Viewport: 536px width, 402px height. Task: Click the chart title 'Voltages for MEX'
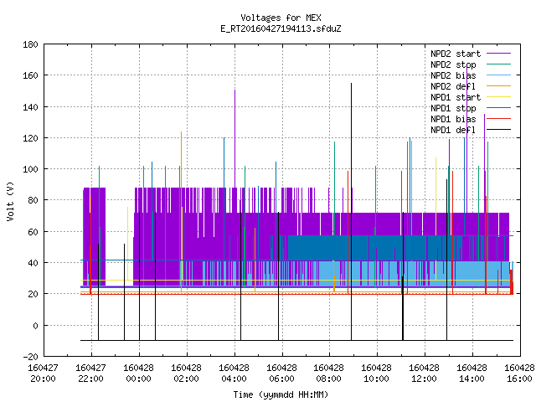coord(281,18)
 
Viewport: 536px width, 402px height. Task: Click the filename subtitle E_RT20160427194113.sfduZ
coord(281,28)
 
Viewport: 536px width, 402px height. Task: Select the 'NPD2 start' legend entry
coord(471,54)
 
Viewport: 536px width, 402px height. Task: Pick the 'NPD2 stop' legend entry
coord(471,64)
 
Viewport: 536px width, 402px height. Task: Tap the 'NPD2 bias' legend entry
coord(471,75)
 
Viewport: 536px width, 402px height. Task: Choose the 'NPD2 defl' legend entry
coord(471,86)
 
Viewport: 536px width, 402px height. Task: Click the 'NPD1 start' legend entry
coord(471,97)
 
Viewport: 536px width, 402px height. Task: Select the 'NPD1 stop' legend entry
coord(471,108)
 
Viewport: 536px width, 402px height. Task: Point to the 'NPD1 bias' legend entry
coord(471,119)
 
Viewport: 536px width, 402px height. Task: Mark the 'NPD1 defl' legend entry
coord(471,131)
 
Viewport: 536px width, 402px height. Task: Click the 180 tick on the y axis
coord(30,44)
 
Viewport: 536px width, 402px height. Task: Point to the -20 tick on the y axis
coord(30,357)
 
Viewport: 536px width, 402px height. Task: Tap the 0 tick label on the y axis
coord(35,326)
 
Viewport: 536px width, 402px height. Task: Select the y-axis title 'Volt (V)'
coord(10,201)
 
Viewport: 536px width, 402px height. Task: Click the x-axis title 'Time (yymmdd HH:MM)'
coord(281,394)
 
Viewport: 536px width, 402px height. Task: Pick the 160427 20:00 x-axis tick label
coord(43,374)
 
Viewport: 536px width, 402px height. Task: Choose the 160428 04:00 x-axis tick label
coord(234,374)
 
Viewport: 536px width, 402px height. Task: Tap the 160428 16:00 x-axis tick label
coord(519,374)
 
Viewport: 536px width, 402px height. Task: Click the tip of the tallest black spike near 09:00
coord(351,83)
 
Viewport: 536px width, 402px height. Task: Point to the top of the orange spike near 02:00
coord(181,131)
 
